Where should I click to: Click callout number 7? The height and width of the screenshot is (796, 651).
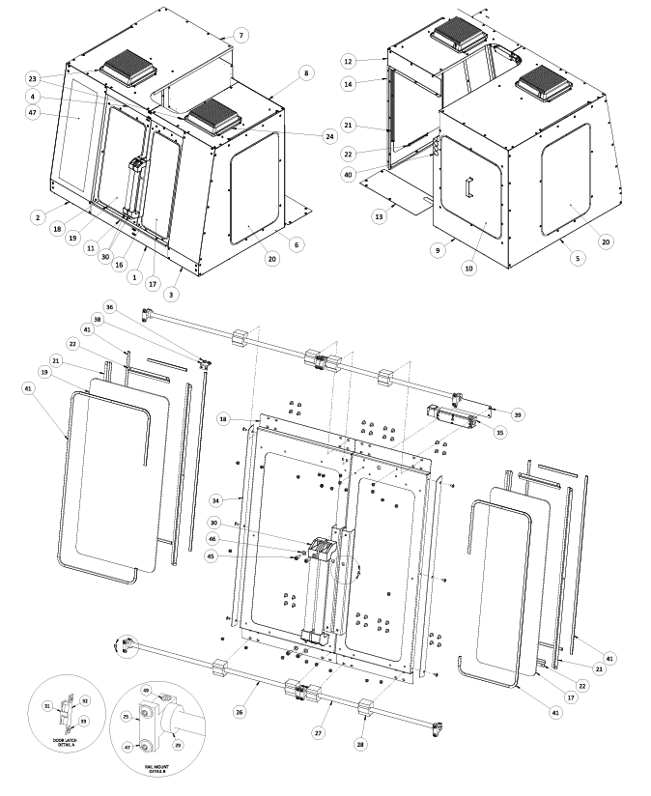point(241,35)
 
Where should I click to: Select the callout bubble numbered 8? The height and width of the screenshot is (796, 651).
point(306,72)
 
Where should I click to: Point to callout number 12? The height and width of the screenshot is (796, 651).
point(349,61)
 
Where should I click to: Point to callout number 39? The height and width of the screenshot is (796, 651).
point(518,414)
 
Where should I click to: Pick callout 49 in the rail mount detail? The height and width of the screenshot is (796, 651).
point(146,690)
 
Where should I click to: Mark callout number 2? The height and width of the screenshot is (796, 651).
point(37,218)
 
